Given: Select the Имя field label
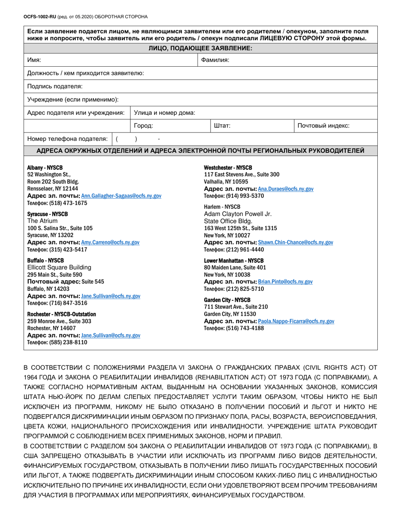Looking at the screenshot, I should (35, 60).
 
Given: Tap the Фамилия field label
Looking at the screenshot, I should (215, 60).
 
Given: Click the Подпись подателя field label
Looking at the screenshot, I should (55, 86).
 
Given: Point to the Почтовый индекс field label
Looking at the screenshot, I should (323, 126).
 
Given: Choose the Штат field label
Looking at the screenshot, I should (222, 126).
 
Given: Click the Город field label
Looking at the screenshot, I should (143, 126).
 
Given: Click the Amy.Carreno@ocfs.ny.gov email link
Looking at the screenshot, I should (110, 243).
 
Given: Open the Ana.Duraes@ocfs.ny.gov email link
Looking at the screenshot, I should (285, 189).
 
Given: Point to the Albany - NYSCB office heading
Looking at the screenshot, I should (45, 168).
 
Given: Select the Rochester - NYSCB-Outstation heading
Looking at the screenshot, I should (62, 314).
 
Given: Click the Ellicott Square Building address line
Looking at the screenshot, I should (59, 268).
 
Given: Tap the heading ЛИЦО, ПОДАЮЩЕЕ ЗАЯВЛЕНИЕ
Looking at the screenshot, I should (200, 48).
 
